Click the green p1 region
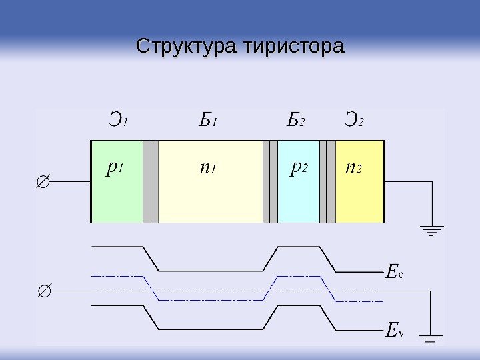(x=117, y=193)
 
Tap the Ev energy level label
(x=395, y=329)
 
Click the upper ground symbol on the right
(x=433, y=231)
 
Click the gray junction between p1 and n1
(x=151, y=181)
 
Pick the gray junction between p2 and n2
(x=327, y=181)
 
